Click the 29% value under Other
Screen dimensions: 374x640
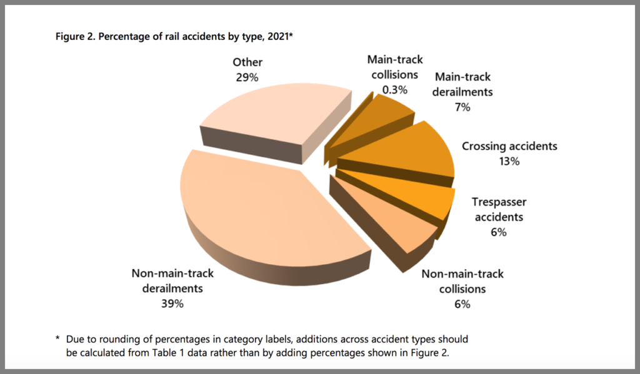tap(247, 77)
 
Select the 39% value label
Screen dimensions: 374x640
tap(172, 304)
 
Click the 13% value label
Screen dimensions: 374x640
tap(509, 161)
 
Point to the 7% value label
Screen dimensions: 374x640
tap(462, 107)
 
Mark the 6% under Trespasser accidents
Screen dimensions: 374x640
tap(498, 232)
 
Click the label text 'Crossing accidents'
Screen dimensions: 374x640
tap(509, 147)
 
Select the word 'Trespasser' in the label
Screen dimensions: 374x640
tap(499, 203)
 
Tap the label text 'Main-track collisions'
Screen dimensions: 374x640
tap(394, 67)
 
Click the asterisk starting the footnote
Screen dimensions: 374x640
tap(57, 339)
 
